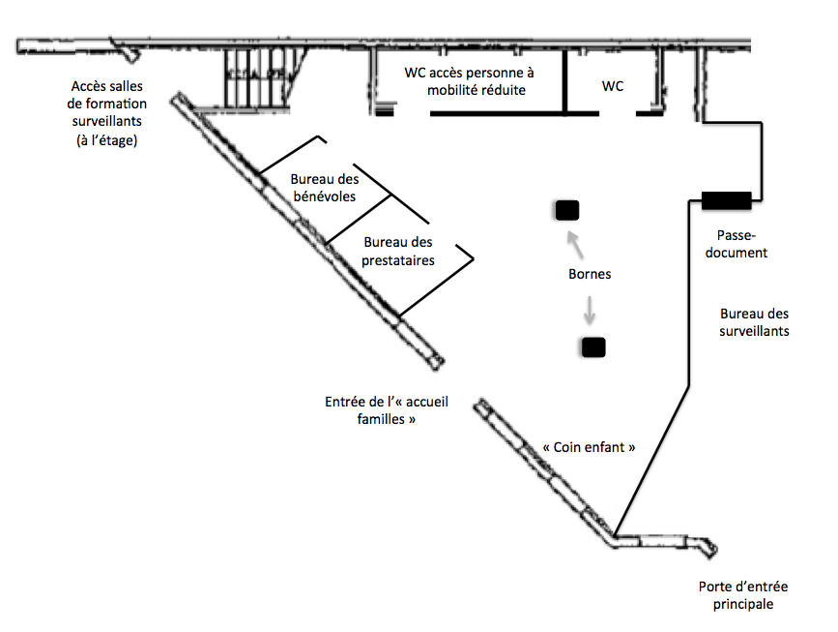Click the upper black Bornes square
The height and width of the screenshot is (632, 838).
[x=565, y=209]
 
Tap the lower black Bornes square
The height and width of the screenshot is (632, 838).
[x=592, y=346]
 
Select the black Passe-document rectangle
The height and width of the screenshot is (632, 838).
[x=726, y=200]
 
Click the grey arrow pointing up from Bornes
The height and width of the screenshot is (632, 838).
[x=574, y=243]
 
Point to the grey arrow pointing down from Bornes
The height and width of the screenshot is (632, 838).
[x=589, y=311]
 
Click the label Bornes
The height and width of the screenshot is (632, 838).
[x=590, y=274]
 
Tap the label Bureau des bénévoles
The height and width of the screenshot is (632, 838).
[x=325, y=188]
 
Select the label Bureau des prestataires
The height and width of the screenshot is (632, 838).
[x=398, y=251]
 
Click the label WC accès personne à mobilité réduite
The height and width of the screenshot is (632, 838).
[x=469, y=81]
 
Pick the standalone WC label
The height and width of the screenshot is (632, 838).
[x=613, y=86]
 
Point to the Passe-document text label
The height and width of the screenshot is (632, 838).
[x=742, y=244]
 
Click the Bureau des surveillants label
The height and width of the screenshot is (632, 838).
[x=755, y=322]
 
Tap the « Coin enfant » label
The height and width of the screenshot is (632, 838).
[x=590, y=448]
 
